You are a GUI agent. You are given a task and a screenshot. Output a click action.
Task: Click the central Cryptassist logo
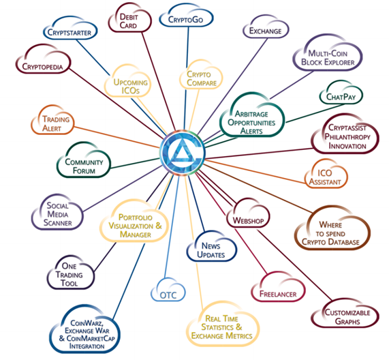click(183, 153)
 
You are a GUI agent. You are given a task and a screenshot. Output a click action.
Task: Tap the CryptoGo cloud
click(186, 16)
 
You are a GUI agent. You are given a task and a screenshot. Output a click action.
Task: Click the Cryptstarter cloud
click(70, 29)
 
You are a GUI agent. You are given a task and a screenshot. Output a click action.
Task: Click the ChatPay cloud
click(341, 92)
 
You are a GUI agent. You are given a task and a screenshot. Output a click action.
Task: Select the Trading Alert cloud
click(52, 121)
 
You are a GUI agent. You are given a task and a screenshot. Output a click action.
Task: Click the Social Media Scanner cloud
click(57, 213)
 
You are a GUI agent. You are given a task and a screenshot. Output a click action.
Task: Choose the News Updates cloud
click(211, 247)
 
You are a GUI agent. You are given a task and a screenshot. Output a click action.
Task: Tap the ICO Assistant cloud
click(326, 175)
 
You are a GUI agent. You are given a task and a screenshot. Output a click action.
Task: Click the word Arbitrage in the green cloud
click(251, 114)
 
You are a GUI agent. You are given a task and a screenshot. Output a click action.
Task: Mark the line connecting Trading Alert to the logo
click(116, 137)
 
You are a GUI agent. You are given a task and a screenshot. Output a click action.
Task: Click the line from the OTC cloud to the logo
click(172, 226)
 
